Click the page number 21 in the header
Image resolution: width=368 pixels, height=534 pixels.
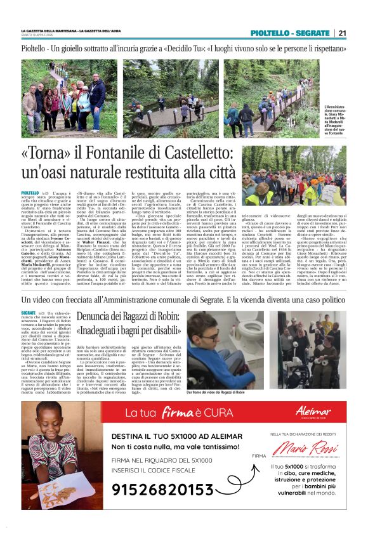[342, 33]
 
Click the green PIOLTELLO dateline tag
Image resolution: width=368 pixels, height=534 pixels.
[30, 192]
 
